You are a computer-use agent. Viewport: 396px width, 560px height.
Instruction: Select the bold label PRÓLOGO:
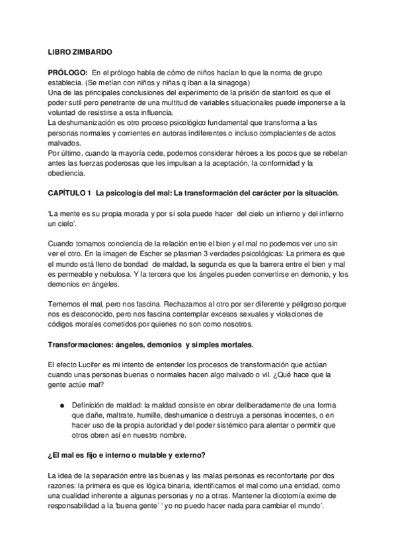67,71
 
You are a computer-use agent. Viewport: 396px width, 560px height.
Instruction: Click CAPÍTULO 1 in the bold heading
69,195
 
